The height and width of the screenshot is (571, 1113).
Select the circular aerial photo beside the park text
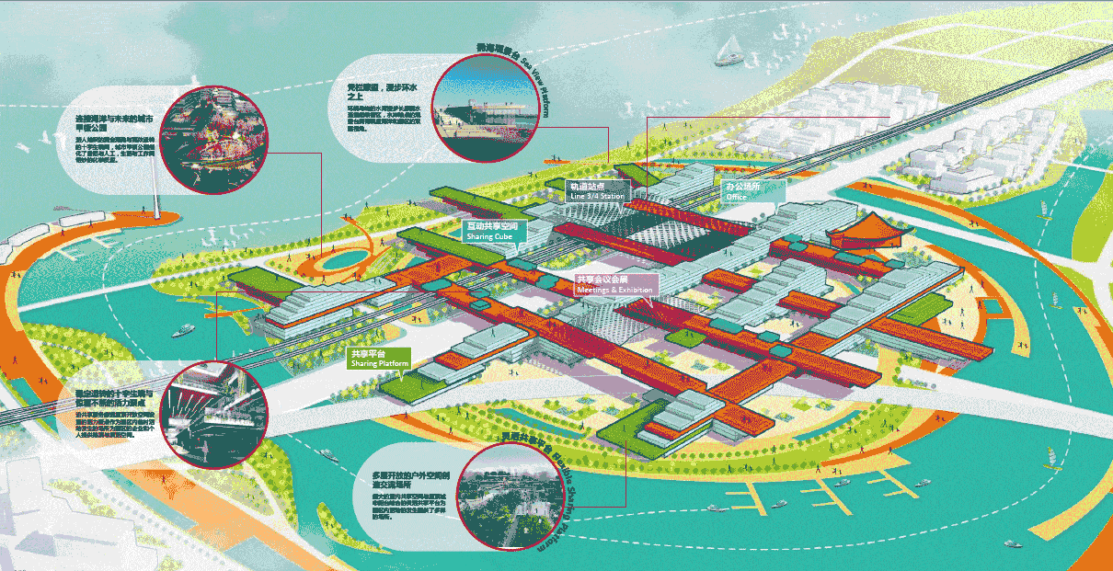pos(217,140)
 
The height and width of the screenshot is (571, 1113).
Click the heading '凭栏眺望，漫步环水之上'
pos(376,93)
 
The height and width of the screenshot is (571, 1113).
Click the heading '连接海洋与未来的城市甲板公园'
pos(111,124)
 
